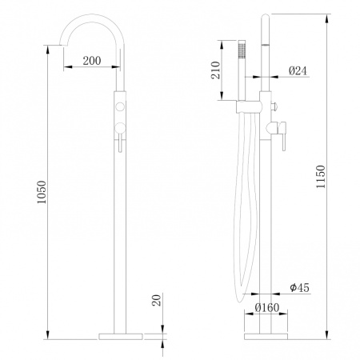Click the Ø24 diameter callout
(298, 71)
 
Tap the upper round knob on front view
(121, 106)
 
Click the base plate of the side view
(264, 331)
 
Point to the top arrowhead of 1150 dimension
(327, 16)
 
